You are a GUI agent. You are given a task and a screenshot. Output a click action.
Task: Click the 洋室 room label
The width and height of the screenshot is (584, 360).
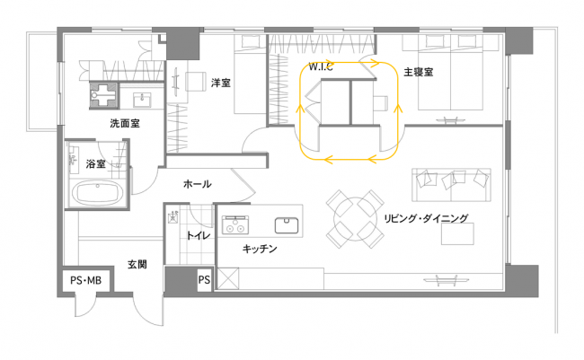point(221,83)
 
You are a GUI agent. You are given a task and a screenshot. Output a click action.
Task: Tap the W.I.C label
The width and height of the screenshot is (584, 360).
point(321,68)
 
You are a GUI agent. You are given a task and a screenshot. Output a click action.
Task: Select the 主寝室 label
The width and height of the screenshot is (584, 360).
point(419,73)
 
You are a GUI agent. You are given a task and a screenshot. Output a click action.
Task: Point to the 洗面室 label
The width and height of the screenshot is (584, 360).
point(124,123)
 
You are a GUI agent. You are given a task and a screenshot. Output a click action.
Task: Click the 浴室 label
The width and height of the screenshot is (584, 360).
point(96,164)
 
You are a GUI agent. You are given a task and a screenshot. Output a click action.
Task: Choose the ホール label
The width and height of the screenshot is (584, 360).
point(197,184)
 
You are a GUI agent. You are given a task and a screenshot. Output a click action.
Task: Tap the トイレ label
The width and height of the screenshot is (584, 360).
point(198,236)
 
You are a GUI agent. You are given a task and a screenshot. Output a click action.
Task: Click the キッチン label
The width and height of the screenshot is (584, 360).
point(260,249)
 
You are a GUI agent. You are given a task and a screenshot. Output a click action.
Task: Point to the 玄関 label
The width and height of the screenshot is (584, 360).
point(137,264)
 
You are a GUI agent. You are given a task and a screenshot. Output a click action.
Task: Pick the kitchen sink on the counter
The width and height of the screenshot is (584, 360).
point(285,223)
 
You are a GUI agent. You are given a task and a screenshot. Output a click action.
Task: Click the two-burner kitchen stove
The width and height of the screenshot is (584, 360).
point(236,224)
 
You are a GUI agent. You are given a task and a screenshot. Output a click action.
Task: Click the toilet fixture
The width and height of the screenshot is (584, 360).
point(173,216)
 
